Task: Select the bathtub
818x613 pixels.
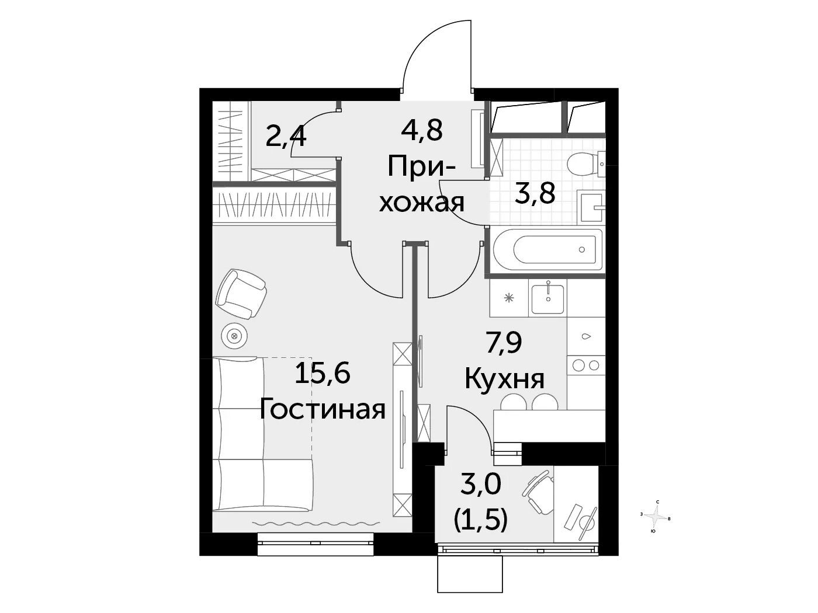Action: [547, 249]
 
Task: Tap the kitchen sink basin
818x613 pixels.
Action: [547, 299]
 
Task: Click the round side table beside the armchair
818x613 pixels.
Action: [234, 336]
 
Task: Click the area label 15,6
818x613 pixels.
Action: [322, 374]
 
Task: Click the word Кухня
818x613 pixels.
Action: [505, 379]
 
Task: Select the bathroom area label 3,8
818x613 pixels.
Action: [535, 194]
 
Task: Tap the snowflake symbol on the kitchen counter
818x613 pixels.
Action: [508, 298]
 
